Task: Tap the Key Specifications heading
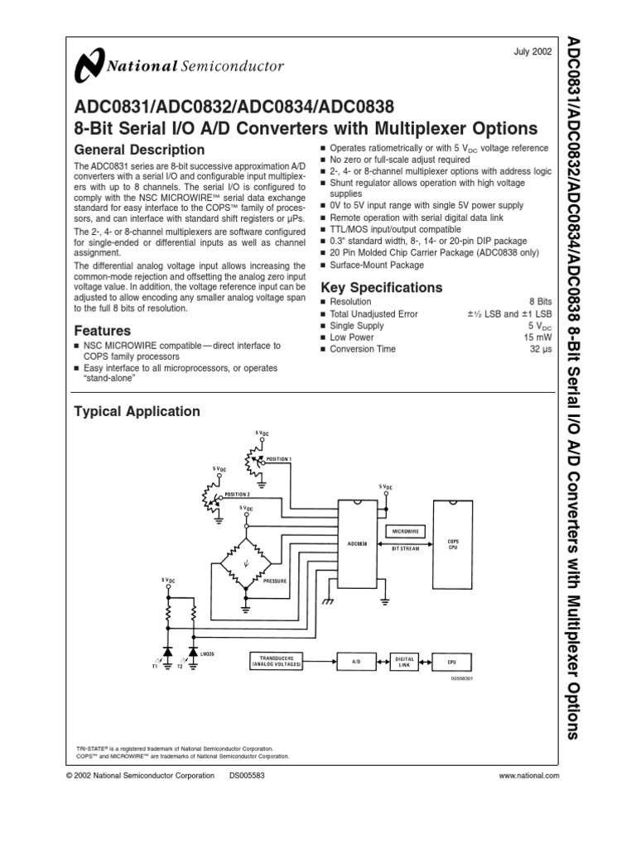tap(381, 288)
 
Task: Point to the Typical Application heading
tap(137, 411)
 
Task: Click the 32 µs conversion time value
tap(541, 349)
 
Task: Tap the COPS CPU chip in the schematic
tap(452, 544)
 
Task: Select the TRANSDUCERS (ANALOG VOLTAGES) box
tap(279, 661)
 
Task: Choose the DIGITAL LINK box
tap(404, 661)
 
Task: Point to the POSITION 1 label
tap(279, 458)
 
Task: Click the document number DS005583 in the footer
tap(246, 776)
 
